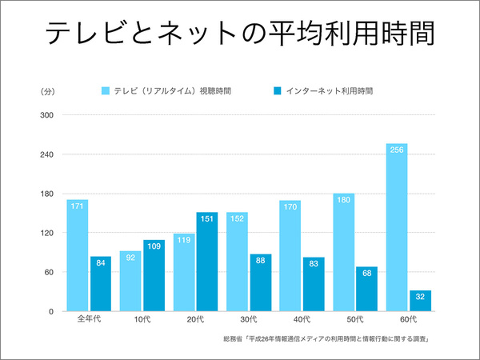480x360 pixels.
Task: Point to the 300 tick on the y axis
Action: pos(46,115)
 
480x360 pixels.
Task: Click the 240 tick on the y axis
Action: pos(46,154)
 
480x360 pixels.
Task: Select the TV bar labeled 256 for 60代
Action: pos(397,228)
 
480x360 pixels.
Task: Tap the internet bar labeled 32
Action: pos(420,301)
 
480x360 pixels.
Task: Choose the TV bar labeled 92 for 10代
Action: pos(130,282)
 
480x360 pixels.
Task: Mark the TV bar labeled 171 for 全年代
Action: pos(78,256)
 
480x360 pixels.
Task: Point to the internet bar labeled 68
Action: pos(366,289)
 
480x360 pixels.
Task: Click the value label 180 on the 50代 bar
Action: pos(343,199)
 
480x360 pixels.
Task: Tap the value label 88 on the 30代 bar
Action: pos(261,259)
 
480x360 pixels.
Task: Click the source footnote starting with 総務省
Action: pos(329,340)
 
